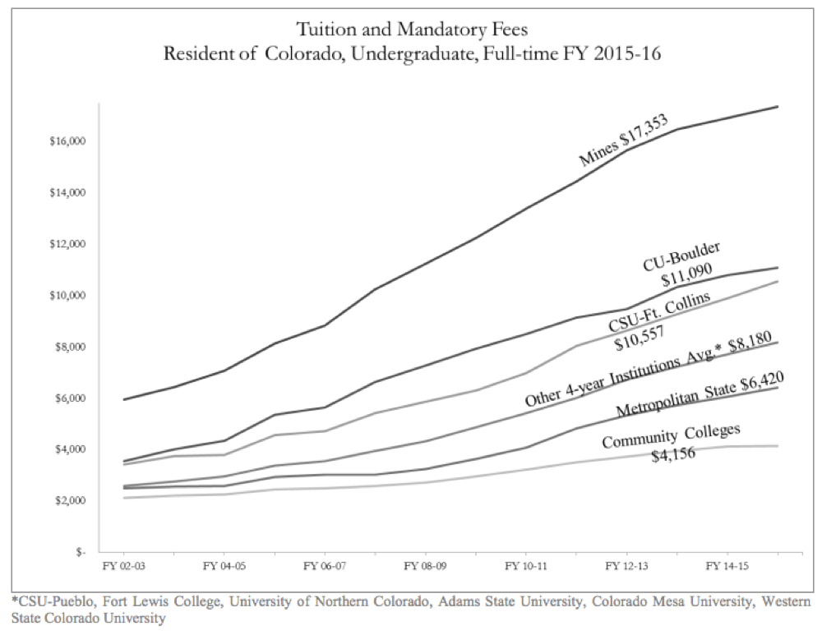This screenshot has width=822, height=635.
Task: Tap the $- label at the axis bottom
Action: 80,552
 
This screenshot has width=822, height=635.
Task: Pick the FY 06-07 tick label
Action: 323,567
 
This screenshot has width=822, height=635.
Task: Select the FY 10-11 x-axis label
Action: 524,567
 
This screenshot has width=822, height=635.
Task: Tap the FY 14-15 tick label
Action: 727,567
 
